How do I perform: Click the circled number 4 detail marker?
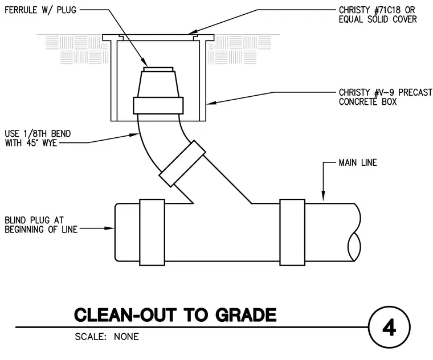coord(389,328)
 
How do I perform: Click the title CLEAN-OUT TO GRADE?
coord(175,315)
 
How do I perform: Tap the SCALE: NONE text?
coord(107,337)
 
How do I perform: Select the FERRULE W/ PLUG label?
coord(40,10)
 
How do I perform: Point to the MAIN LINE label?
coord(358,162)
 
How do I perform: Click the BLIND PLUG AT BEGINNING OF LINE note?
coord(41,225)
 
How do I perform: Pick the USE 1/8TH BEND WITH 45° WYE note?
coord(38,138)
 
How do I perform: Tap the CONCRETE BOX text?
coord(367,101)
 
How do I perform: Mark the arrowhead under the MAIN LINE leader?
coord(324,196)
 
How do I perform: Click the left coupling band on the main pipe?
coord(152,232)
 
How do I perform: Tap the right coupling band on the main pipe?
coord(292,232)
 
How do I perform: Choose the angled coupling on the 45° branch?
coord(182,163)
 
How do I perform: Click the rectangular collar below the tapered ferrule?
coord(158,105)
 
